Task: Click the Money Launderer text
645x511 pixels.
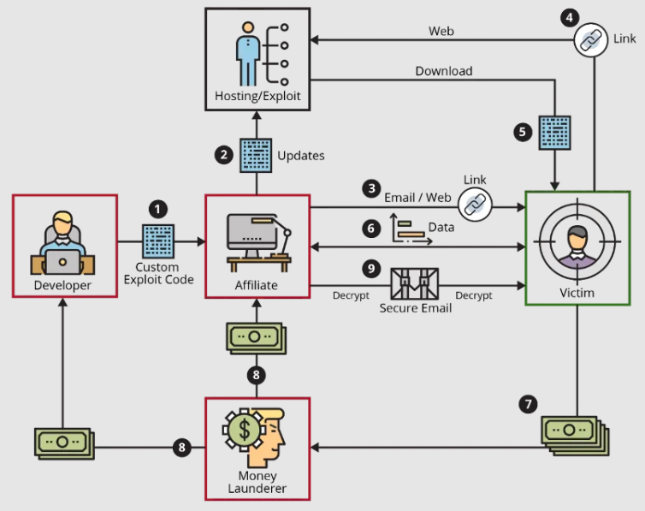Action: [x=257, y=482]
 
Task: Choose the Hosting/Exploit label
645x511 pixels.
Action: [x=257, y=96]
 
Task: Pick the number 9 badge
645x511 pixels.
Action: [x=370, y=269]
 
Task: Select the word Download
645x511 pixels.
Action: [x=444, y=71]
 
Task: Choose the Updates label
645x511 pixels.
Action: [x=301, y=156]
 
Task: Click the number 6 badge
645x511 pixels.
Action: [x=370, y=229]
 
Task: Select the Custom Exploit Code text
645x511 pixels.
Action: [x=159, y=273]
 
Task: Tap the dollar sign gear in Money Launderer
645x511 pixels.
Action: [x=245, y=425]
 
